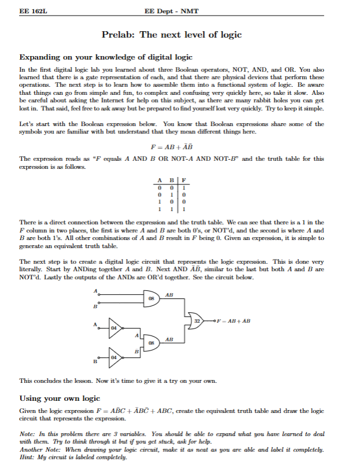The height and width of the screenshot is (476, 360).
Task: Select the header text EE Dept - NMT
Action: point(172,12)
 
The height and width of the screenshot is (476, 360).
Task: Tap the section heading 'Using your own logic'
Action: point(60,398)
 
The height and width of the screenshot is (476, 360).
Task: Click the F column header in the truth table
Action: point(183,179)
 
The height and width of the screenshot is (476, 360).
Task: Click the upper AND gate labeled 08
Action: point(152,299)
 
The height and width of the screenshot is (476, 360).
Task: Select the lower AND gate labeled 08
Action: point(152,342)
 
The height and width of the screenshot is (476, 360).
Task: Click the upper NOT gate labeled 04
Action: point(114,327)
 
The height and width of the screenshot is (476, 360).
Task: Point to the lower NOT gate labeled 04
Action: point(114,357)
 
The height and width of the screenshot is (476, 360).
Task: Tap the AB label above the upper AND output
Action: point(169,295)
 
